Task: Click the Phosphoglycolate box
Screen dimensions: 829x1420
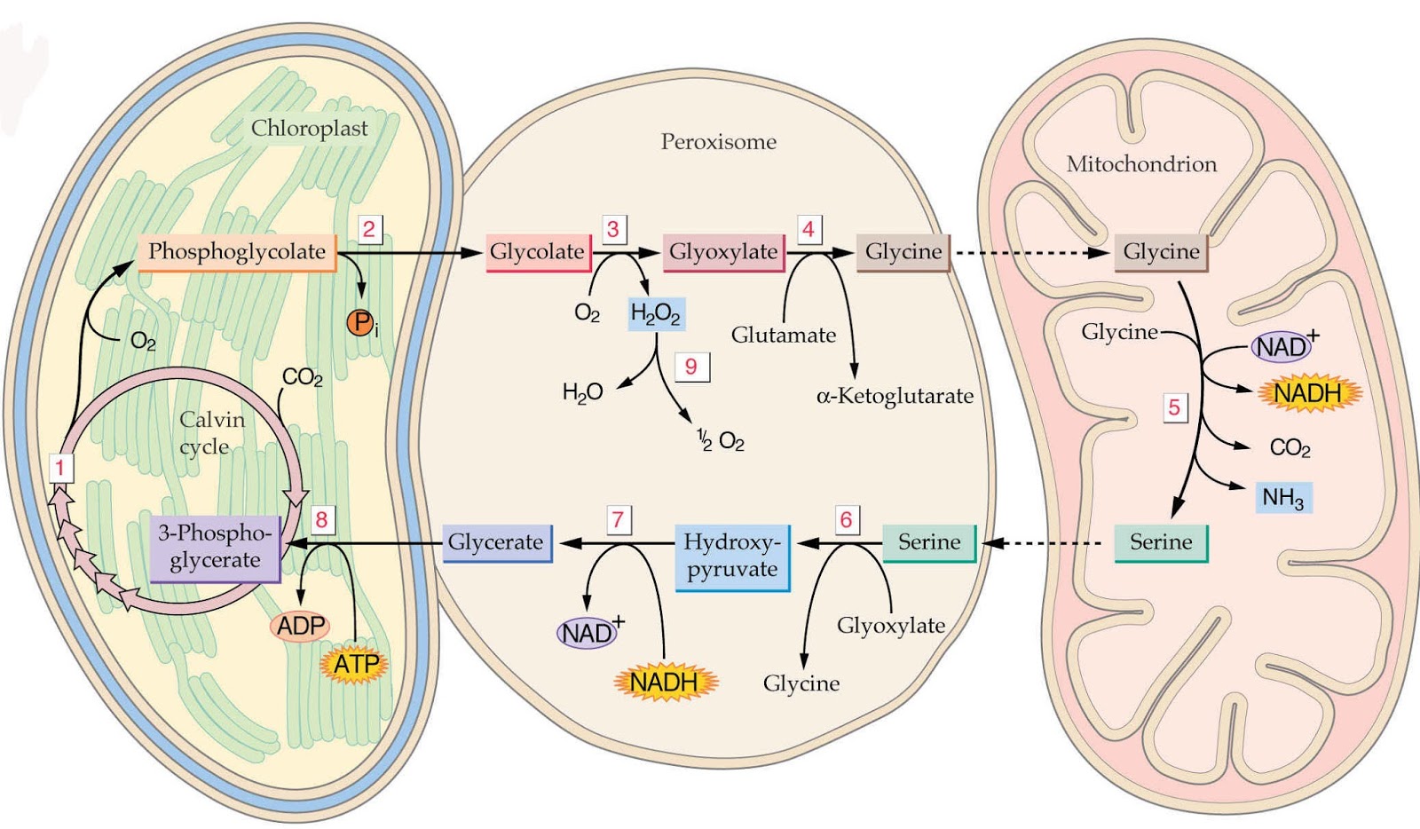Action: coord(237,252)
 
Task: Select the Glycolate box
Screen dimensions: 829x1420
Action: coord(537,252)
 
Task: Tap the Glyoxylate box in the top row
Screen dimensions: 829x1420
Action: coord(723,252)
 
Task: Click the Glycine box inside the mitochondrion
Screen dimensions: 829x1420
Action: coord(1161,252)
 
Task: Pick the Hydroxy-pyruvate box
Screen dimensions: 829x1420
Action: coord(732,556)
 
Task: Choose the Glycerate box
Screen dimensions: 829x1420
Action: coord(496,542)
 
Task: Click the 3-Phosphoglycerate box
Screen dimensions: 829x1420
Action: coord(216,548)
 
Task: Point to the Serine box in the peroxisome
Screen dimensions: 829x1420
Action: coord(929,542)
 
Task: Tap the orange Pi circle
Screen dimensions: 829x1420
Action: coord(360,322)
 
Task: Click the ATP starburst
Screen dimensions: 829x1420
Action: coord(357,664)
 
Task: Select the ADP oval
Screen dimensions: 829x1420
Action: coord(301,626)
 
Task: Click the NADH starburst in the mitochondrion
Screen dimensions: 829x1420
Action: coord(1307,392)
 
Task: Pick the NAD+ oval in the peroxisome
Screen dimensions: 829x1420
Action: coord(587,633)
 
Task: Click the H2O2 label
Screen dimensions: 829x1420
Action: coord(655,313)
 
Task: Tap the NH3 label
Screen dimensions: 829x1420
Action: coord(1282,498)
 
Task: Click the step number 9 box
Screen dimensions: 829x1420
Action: coord(691,367)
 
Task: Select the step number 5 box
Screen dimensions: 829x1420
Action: coord(1174,407)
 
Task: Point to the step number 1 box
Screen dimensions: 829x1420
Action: coord(60,468)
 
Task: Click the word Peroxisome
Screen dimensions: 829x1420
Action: coord(718,142)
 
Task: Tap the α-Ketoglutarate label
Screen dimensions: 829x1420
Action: coord(895,396)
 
